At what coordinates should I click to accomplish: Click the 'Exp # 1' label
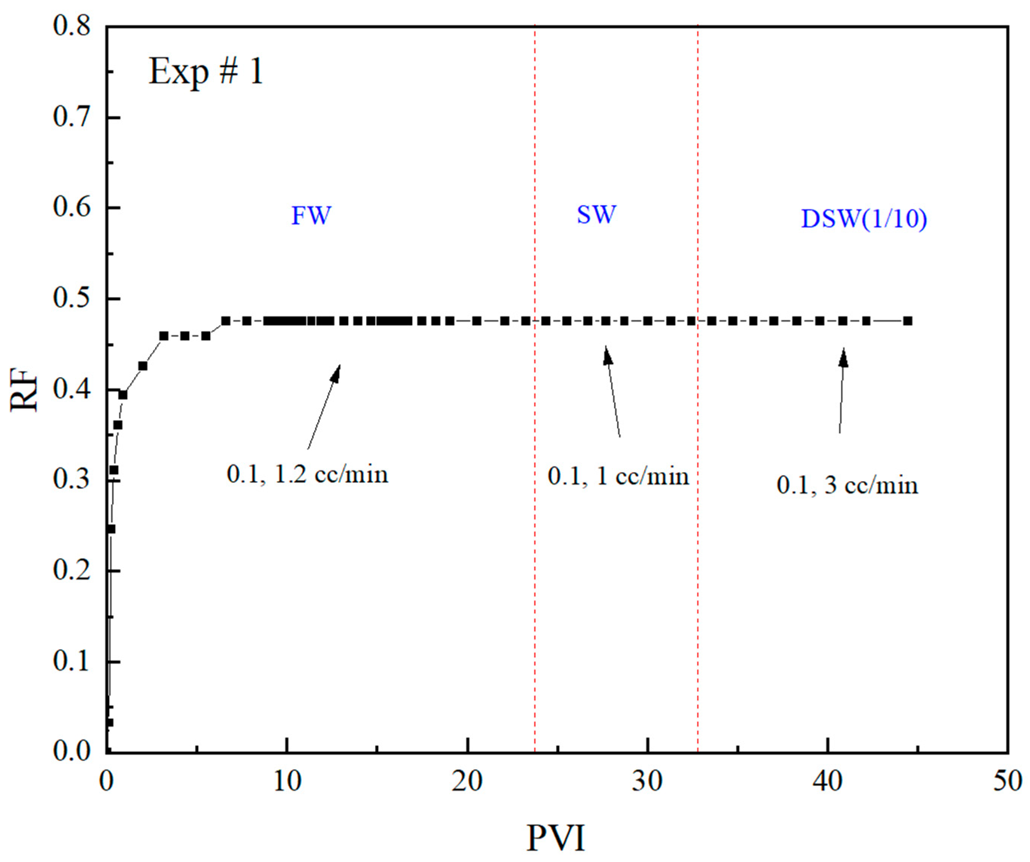(x=206, y=72)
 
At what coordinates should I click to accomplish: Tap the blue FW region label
(x=312, y=216)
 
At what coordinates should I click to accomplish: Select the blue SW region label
(x=596, y=214)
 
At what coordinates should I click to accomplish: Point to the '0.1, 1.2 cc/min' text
(x=307, y=475)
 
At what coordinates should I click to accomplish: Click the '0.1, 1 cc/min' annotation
(x=618, y=476)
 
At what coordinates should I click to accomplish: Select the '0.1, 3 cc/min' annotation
(x=847, y=486)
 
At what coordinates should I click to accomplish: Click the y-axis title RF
(x=24, y=390)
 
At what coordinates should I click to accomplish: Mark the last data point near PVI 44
(x=908, y=321)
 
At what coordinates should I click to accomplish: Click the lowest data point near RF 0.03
(x=109, y=722)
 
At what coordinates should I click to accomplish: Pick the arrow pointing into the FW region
(x=324, y=406)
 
